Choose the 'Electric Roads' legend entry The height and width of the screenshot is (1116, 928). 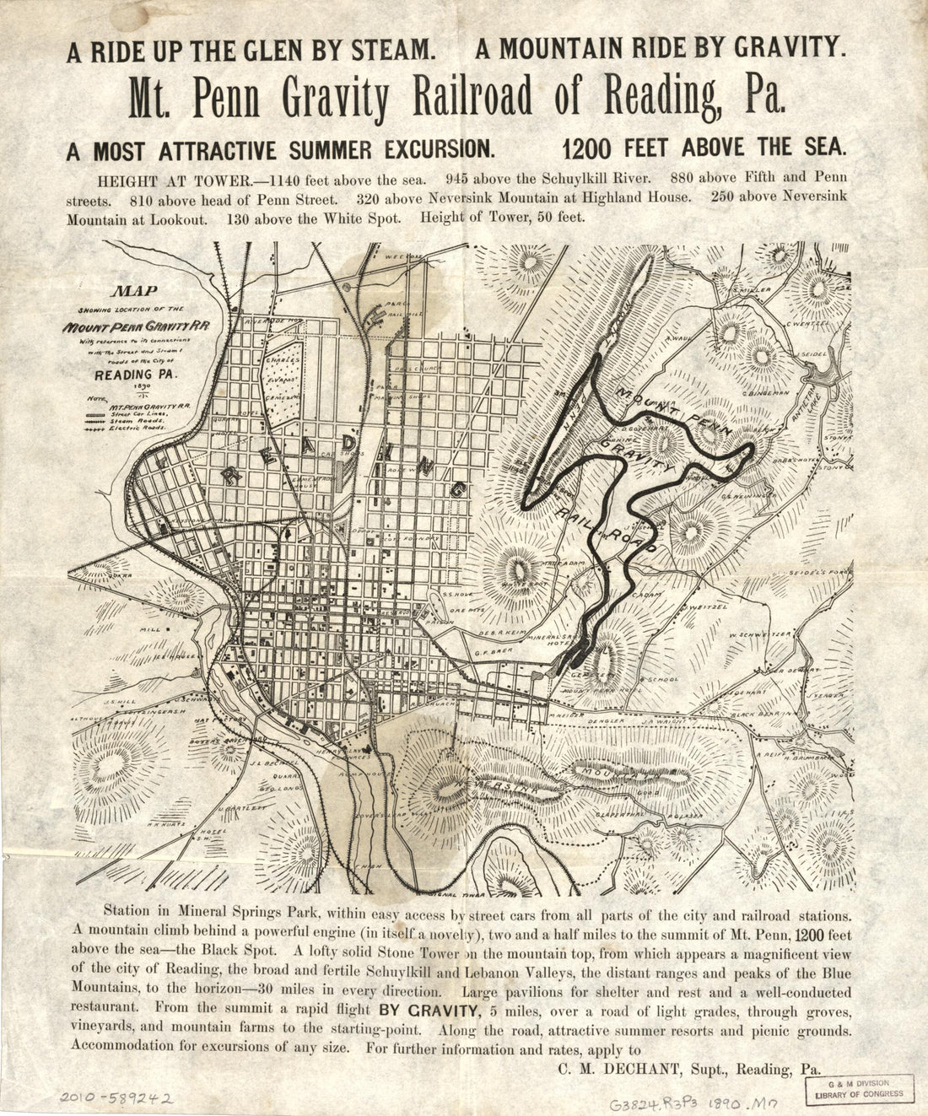pyautogui.click(x=137, y=429)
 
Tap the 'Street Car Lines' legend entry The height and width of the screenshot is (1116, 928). pyautogui.click(x=138, y=413)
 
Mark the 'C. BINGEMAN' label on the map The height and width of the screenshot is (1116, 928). pyautogui.click(x=764, y=392)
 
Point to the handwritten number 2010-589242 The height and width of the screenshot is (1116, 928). pyautogui.click(x=116, y=1097)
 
